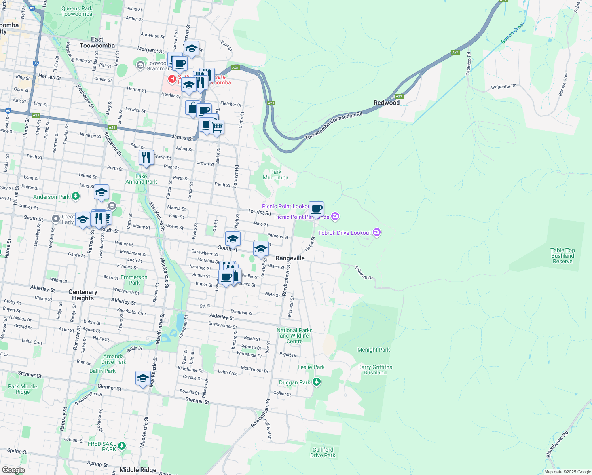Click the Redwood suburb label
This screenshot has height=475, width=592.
387,103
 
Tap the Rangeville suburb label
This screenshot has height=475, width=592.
290,258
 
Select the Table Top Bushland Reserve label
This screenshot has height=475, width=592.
562,256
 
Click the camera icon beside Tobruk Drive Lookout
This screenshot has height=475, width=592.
377,232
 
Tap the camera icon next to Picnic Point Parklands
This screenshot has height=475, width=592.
336,216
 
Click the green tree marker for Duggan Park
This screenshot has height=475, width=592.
316,382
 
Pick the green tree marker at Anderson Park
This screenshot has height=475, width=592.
76,196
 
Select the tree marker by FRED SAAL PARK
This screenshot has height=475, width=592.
122,446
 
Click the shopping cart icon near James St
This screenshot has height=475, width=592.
216,127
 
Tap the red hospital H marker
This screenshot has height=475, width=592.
172,79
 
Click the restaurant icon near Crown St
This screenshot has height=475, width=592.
146,157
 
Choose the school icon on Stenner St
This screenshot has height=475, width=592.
142,378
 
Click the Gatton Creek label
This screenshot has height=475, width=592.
513,32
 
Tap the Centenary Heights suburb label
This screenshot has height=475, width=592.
83,295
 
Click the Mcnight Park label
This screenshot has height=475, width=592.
374,350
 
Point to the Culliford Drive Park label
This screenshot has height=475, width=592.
323,452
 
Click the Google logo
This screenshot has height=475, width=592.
13,470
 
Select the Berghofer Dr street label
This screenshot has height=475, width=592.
503,86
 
